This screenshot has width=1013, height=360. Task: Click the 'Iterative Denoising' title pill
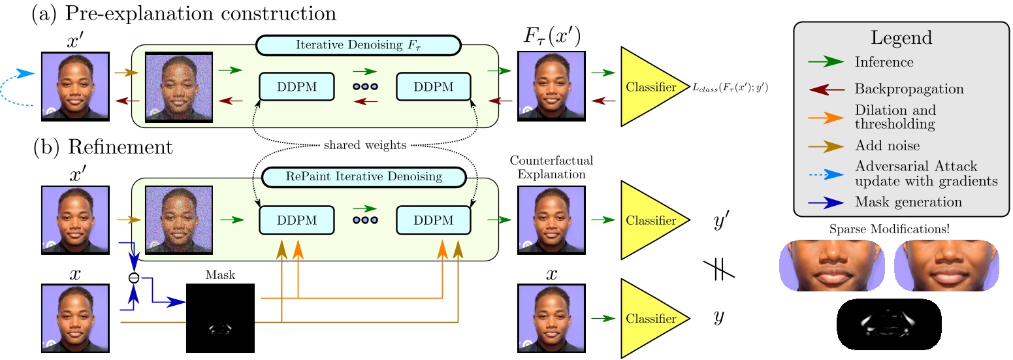point(359,44)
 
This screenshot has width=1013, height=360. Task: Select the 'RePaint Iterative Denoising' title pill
point(363,176)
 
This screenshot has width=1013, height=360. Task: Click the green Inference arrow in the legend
point(826,63)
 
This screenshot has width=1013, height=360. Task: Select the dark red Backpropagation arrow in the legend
point(826,88)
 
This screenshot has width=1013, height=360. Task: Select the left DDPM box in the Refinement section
point(297,220)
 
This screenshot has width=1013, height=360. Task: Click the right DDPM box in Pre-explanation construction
point(434,86)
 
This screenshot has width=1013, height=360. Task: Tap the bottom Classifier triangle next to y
point(650,318)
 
